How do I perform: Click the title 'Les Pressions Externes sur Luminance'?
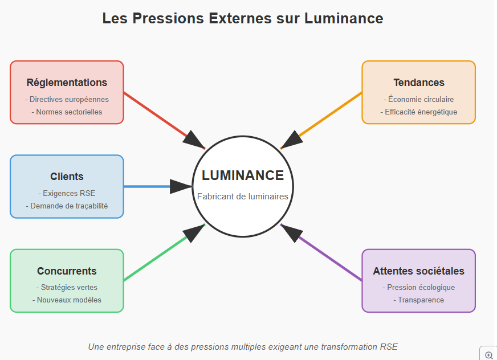click(243, 18)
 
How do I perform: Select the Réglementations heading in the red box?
click(67, 83)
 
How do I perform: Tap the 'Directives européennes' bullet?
click(67, 99)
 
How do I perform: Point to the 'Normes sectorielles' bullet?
click(67, 112)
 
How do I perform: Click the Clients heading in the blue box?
click(67, 177)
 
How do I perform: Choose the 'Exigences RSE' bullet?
click(67, 193)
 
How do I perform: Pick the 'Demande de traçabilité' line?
click(67, 206)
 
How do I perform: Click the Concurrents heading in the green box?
click(67, 271)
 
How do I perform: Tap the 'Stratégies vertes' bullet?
click(67, 287)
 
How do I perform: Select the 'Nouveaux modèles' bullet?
click(67, 300)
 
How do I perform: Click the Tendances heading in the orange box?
click(419, 83)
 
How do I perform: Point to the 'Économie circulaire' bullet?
click(419, 99)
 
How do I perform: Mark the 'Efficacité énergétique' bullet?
click(419, 112)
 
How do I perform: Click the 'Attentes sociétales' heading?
click(419, 271)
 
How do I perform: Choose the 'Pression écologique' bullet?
click(419, 287)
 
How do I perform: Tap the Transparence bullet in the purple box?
click(419, 300)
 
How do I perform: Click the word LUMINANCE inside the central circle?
click(243, 175)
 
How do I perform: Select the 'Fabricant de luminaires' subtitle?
click(243, 197)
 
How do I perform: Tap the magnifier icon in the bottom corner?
click(488, 354)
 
